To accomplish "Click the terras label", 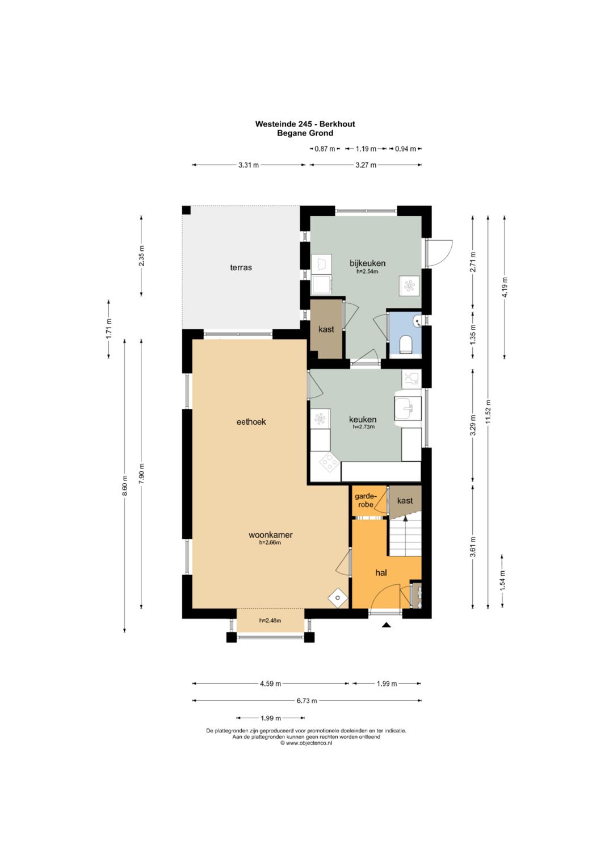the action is point(241,267).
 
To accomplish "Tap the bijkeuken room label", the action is point(367,263).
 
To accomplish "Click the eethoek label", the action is point(251,422).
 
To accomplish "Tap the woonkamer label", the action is point(271,535).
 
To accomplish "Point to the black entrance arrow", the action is point(386,625).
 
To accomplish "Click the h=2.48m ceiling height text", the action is point(270,621).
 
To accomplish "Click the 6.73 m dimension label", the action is point(307,700).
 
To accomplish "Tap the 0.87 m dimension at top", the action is point(325,149).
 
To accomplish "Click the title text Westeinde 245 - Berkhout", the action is point(305,124).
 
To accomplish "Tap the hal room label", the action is point(381,572).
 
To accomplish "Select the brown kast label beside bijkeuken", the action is point(326,329).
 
